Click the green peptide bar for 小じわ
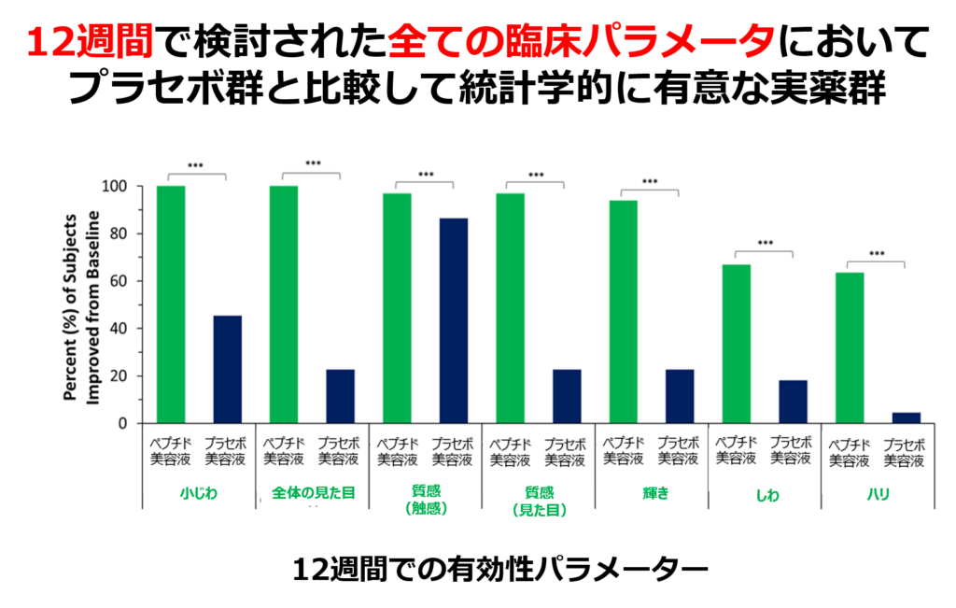click(171, 304)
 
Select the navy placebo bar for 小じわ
click(227, 369)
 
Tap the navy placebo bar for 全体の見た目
click(340, 396)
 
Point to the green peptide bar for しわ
click(737, 344)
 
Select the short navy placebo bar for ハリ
click(907, 417)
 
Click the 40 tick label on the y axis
click(117, 329)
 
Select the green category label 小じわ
click(197, 493)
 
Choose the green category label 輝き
click(651, 493)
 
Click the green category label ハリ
click(877, 493)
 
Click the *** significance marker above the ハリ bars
click(877, 254)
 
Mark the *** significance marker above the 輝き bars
click(650, 182)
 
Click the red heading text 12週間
click(90, 42)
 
